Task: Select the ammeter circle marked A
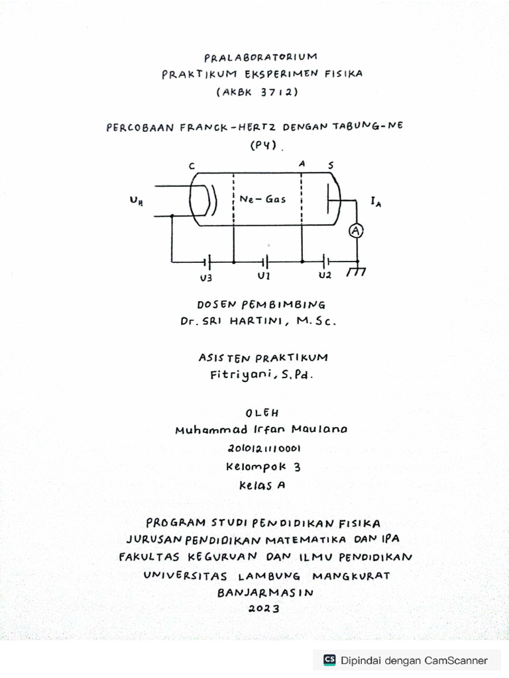(357, 230)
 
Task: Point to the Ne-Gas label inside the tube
(263, 199)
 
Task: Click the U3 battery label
(205, 278)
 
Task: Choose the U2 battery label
(325, 275)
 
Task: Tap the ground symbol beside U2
(357, 271)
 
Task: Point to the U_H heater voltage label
(137, 201)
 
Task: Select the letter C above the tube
(192, 166)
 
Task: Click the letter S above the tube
(331, 165)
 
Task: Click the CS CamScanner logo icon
(329, 659)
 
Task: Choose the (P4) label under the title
(263, 146)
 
